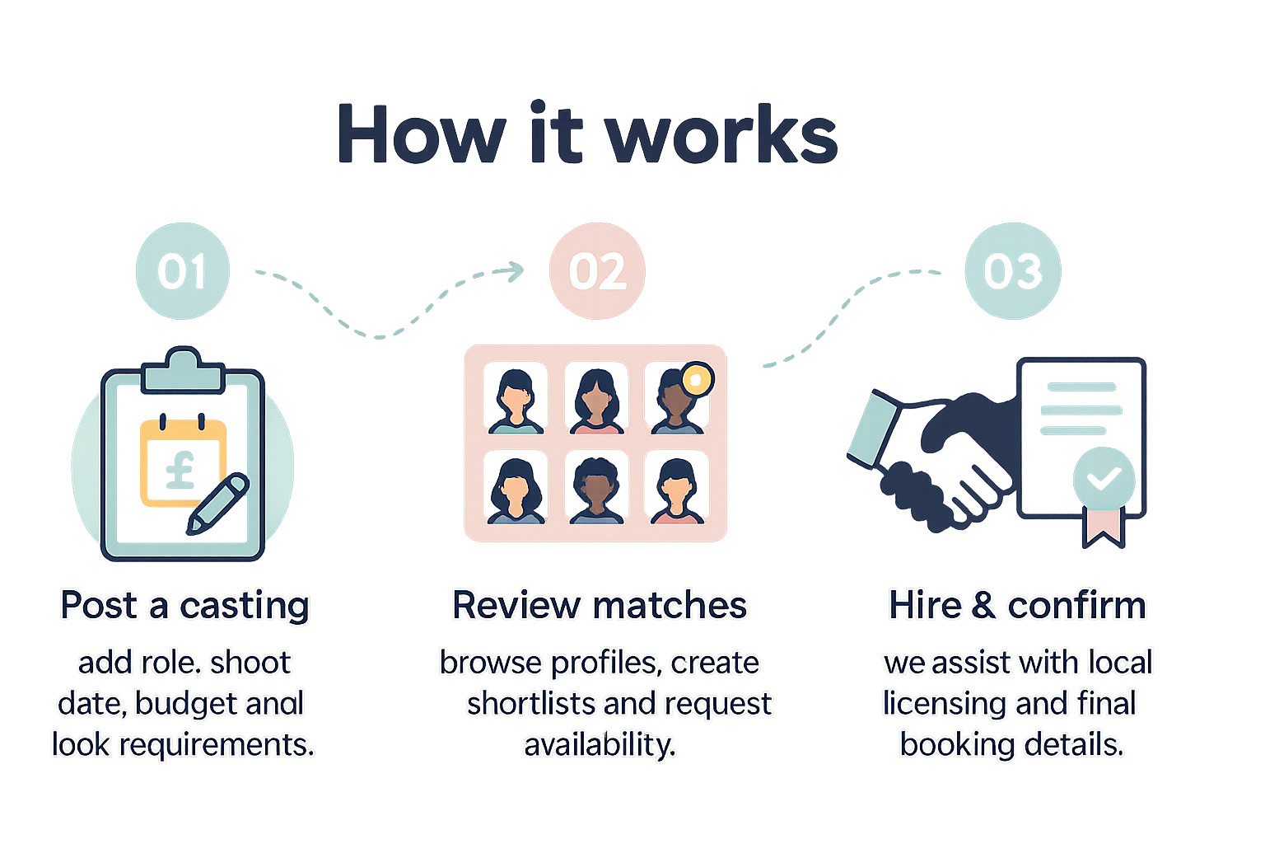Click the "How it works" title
(587, 134)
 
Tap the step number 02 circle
(597, 271)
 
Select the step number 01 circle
(182, 271)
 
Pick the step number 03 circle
(1012, 271)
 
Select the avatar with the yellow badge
(676, 401)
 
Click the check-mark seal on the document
(1104, 477)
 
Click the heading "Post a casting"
(184, 606)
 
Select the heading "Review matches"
(600, 606)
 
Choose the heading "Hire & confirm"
(1017, 606)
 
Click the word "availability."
(600, 745)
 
